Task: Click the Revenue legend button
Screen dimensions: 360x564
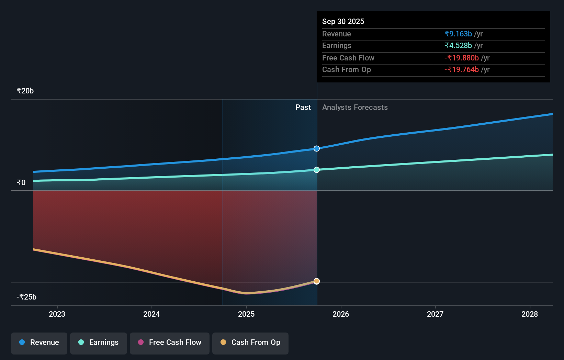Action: point(39,343)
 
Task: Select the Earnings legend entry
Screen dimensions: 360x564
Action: point(99,343)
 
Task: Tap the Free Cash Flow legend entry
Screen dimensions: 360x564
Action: point(170,343)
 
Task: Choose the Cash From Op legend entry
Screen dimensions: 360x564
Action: point(250,343)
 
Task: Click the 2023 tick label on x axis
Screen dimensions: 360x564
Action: point(57,314)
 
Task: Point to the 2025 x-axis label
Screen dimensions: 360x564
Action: point(246,314)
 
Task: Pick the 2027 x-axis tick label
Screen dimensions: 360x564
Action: point(435,314)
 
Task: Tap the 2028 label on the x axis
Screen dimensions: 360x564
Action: point(530,314)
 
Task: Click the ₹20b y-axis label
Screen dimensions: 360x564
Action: point(25,91)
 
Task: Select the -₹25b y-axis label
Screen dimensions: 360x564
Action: point(26,297)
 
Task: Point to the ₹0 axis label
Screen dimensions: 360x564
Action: point(21,183)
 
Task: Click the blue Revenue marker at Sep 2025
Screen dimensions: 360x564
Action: point(317,149)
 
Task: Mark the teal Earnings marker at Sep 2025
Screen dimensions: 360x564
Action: point(317,170)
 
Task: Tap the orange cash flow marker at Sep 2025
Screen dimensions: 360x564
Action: point(317,281)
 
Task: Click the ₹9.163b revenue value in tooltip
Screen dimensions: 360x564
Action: point(458,34)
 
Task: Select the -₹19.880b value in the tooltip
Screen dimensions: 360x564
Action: point(462,58)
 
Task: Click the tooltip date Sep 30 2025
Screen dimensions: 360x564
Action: point(343,22)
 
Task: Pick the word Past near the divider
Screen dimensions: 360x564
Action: point(303,108)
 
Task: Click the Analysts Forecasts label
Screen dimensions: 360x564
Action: point(355,108)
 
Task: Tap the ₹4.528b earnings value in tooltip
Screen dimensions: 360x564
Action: point(458,46)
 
